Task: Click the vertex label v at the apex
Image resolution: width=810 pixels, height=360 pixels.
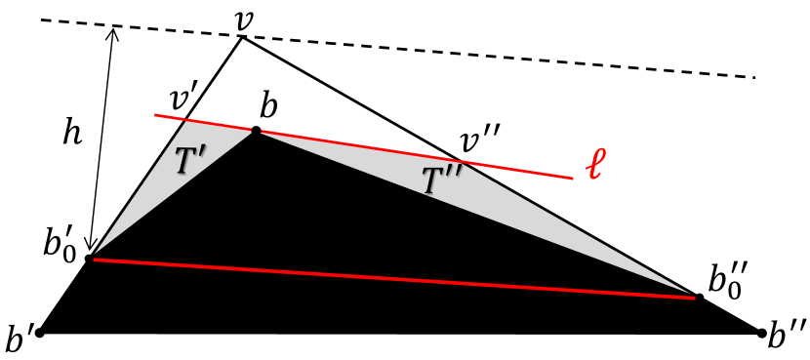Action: tap(245, 18)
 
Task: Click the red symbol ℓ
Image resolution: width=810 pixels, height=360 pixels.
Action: tap(595, 166)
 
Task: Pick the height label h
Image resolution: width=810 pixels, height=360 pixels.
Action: tap(71, 134)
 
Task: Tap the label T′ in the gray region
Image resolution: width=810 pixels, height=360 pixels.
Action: tap(193, 162)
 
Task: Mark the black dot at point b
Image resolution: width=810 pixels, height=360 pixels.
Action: tap(256, 131)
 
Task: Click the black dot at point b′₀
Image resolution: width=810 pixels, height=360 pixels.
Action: tap(89, 259)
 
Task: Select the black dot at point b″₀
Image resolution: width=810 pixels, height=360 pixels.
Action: tap(699, 297)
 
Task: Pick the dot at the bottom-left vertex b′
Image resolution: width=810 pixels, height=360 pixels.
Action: tap(40, 333)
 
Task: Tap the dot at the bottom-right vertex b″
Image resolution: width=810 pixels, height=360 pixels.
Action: tap(761, 333)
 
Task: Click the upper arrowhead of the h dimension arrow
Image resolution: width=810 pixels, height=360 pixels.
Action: tap(113, 30)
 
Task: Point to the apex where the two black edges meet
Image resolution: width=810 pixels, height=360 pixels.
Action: tap(241, 37)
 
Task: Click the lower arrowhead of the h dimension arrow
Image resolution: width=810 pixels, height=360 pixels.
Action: tap(91, 250)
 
